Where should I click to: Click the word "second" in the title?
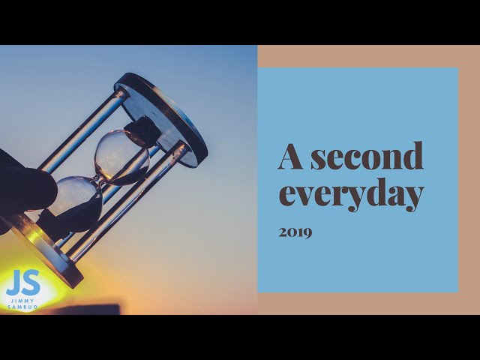(367, 157)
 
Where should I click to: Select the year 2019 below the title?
(295, 232)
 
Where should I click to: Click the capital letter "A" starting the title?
(292, 156)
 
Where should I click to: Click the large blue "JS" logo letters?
(22, 283)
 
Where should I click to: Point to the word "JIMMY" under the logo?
(22, 301)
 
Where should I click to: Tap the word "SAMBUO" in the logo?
(22, 307)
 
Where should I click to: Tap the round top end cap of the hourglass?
(166, 112)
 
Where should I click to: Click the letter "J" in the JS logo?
(13, 283)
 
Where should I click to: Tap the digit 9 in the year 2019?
(307, 232)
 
